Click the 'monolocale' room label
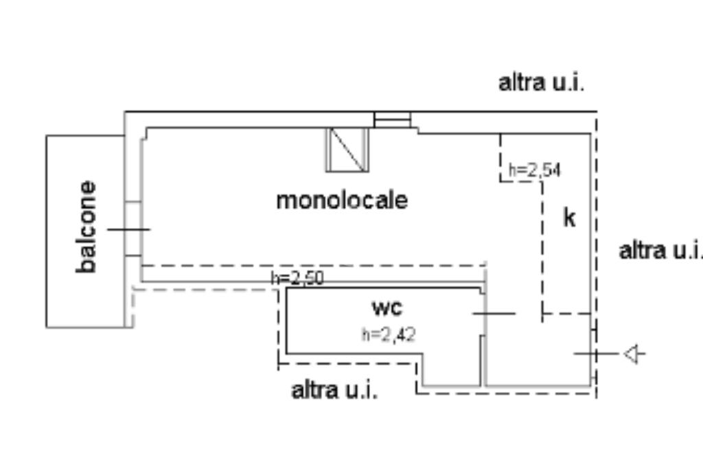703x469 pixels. [x=341, y=201]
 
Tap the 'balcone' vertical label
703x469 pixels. [x=87, y=227]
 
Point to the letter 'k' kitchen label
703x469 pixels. [x=569, y=218]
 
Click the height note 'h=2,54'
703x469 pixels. [x=534, y=170]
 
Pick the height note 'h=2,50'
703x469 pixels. [x=297, y=278]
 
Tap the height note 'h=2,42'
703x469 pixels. [x=389, y=334]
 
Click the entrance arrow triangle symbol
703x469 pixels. [x=634, y=354]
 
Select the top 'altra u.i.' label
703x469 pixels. [x=541, y=83]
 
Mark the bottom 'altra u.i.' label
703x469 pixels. [x=334, y=391]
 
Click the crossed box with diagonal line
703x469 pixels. [x=347, y=149]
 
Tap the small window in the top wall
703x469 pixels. [x=392, y=120]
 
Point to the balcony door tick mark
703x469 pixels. [x=128, y=229]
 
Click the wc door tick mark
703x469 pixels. [x=494, y=313]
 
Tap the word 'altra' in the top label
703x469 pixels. [x=520, y=83]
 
